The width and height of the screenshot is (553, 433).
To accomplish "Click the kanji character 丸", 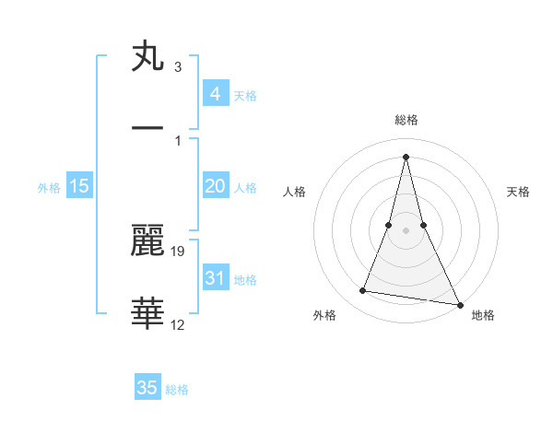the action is [x=148, y=56].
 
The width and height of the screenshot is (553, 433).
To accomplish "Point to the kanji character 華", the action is [x=148, y=314].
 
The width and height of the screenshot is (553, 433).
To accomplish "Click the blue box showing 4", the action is [x=215, y=94].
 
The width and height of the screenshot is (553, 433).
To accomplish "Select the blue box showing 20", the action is [x=215, y=186].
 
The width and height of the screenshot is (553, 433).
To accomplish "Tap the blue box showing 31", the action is [x=215, y=278].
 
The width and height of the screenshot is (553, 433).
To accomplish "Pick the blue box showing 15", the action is [x=79, y=186].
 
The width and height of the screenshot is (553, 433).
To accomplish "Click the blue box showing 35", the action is [x=147, y=388].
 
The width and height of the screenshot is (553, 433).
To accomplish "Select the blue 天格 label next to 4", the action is [x=245, y=95].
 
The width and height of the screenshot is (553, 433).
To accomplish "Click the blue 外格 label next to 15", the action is [x=49, y=187].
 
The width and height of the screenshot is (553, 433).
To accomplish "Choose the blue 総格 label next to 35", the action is [x=177, y=389].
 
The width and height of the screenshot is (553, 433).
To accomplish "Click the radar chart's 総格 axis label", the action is [x=406, y=120].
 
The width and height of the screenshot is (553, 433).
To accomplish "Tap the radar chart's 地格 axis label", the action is [x=483, y=315].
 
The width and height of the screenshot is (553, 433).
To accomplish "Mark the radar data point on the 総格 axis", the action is [x=406, y=156].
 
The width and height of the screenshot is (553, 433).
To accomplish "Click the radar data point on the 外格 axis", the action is [x=363, y=291].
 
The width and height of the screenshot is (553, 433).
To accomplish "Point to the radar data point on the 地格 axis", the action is [x=460, y=304].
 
